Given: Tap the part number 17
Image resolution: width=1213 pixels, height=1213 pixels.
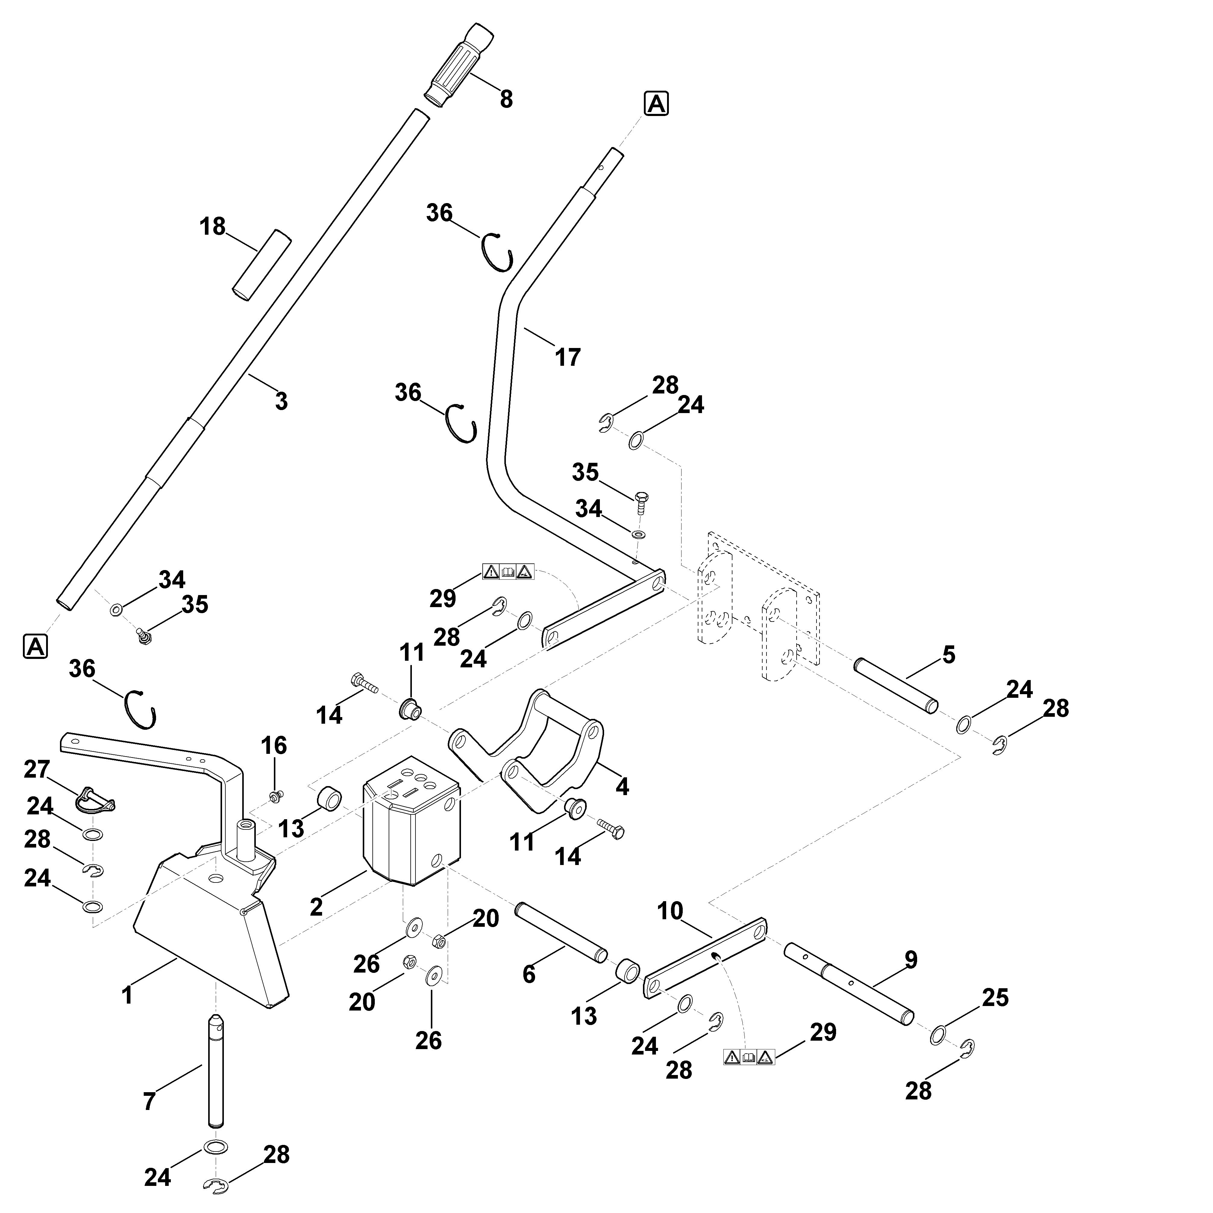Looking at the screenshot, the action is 568,357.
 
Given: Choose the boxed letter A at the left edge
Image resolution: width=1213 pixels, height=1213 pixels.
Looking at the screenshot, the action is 35,646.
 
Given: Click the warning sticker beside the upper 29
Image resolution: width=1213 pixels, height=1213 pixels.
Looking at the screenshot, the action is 508,571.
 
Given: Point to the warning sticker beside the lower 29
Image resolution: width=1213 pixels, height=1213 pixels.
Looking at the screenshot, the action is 749,1057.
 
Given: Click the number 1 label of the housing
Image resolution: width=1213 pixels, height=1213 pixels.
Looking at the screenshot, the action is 127,995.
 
